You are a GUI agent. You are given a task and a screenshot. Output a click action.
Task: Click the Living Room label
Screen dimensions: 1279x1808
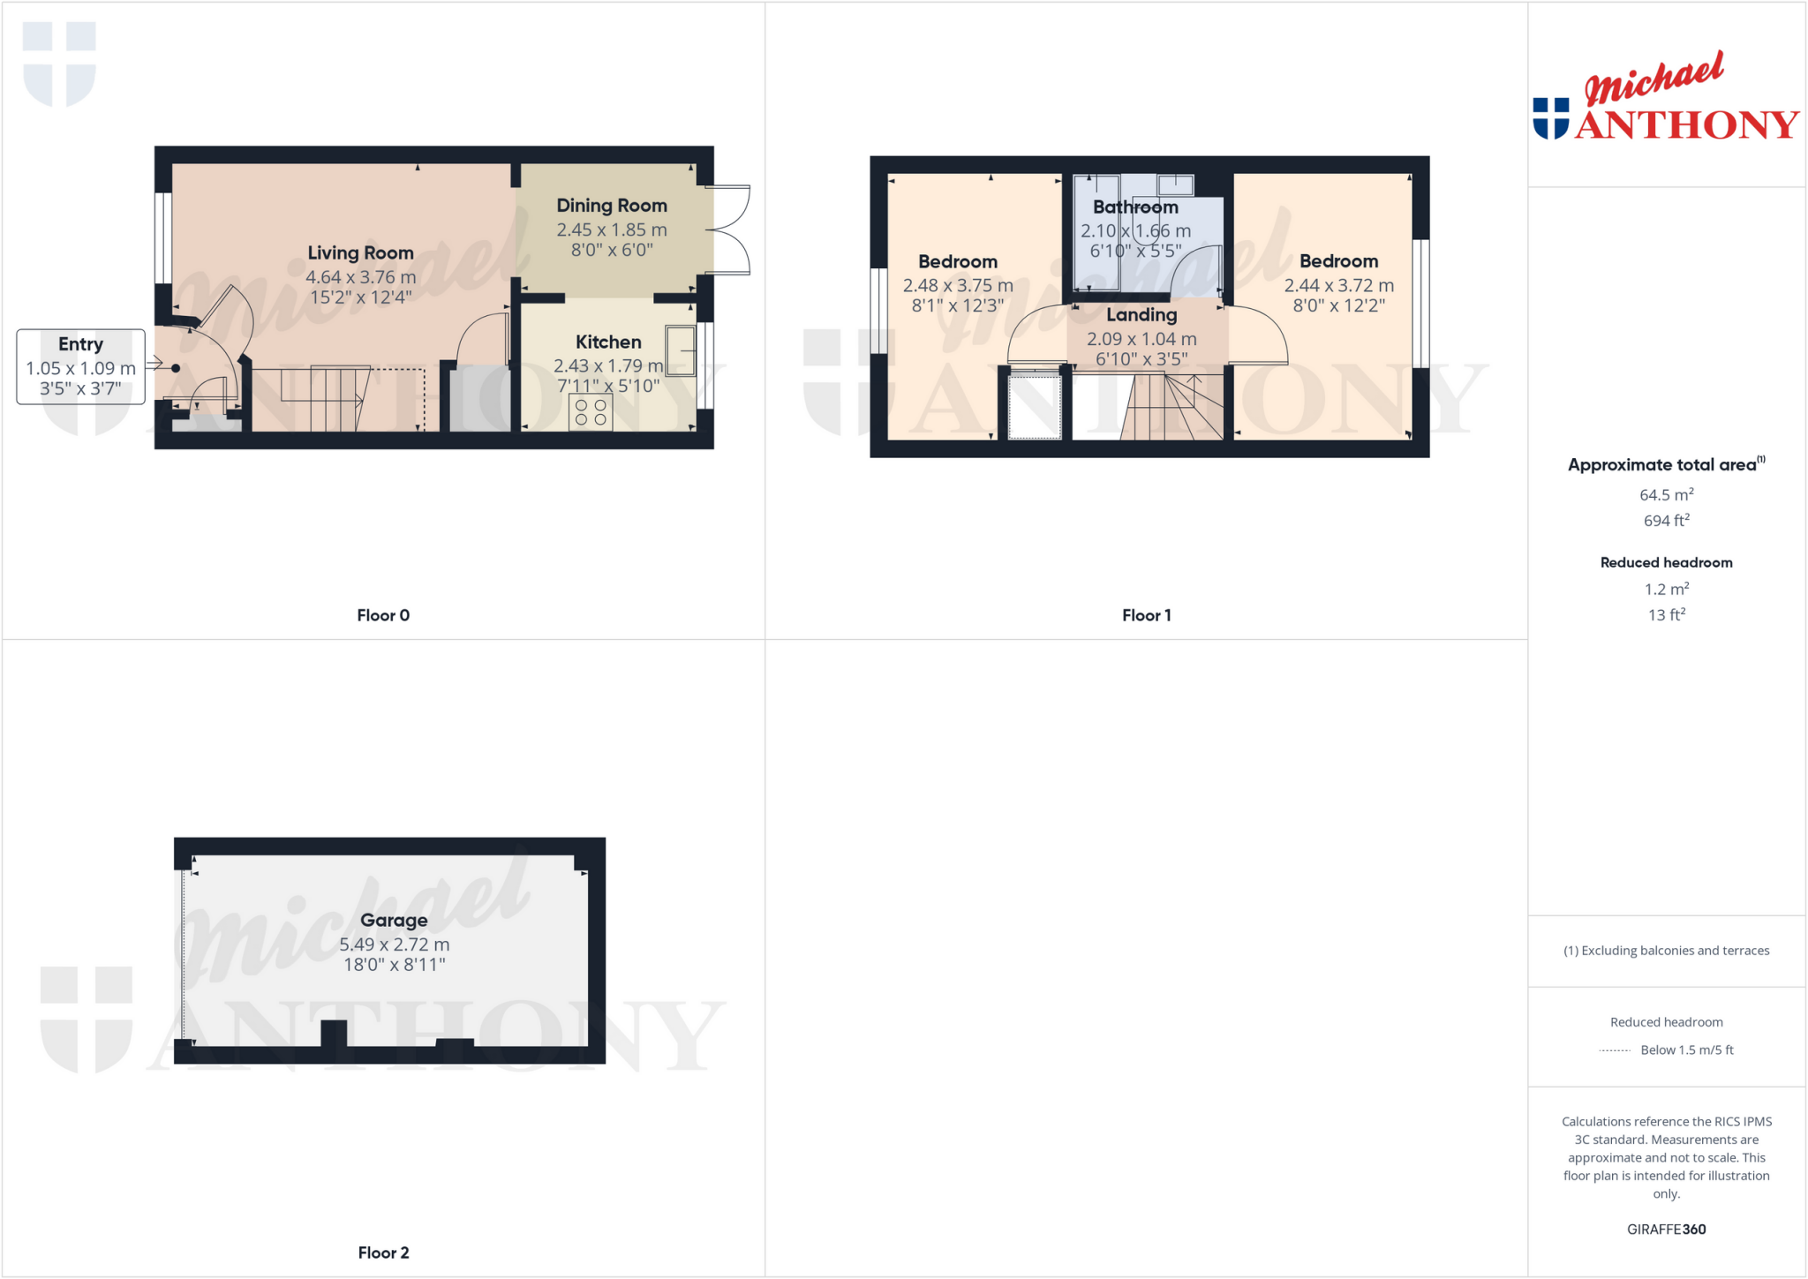coord(360,253)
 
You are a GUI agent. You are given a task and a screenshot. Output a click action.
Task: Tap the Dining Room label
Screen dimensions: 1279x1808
coord(611,206)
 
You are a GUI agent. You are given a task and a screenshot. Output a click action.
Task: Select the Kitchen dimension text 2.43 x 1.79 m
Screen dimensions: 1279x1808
coord(608,365)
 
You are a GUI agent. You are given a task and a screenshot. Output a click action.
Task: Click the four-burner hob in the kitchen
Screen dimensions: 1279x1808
coord(591,412)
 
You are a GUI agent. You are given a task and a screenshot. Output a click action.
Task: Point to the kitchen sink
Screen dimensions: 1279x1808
coord(681,351)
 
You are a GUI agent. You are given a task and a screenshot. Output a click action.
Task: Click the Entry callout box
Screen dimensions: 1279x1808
coord(80,366)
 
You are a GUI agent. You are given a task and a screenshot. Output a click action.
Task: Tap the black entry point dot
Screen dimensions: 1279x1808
coord(176,368)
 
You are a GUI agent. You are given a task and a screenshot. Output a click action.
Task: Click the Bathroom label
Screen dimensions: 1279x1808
coord(1135,207)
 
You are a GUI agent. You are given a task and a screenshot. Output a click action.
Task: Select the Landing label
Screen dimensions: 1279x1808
coord(1141,315)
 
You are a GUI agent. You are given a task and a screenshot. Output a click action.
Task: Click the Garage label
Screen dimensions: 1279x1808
coord(394,920)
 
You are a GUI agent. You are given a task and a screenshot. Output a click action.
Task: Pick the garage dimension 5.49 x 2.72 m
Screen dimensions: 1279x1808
coord(394,944)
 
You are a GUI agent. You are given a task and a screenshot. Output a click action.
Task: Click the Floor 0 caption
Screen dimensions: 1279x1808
coord(383,615)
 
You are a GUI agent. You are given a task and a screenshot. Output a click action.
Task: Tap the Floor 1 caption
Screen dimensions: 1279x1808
coord(1146,615)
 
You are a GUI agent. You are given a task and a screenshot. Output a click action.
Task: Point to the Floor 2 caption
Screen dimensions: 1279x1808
coord(383,1253)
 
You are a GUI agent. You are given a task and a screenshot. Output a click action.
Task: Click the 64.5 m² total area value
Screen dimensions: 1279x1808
coord(1666,494)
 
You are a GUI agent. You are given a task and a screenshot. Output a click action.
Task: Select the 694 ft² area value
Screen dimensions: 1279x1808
coord(1666,521)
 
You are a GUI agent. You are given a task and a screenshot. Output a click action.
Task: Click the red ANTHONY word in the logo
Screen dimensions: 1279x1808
coord(1686,125)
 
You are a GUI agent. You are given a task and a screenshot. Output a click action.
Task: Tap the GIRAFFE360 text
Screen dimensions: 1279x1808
coord(1666,1229)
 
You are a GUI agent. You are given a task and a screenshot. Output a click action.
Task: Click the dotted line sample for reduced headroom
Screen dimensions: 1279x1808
coord(1615,1050)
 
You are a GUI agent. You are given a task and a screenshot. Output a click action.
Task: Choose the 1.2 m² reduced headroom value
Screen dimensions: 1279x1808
coord(1666,589)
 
